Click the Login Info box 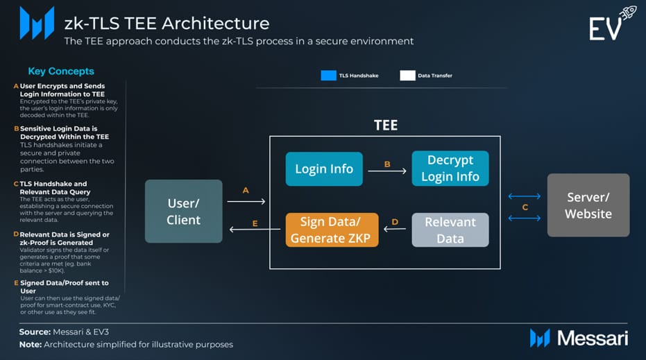[x=324, y=169]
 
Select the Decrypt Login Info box [x=450, y=169]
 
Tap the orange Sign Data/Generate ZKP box [x=332, y=230]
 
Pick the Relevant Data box [x=450, y=230]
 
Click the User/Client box [x=183, y=211]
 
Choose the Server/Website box [x=588, y=205]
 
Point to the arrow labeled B [x=387, y=171]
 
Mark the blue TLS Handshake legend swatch [x=328, y=76]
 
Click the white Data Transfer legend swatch [x=407, y=76]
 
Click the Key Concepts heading [x=61, y=71]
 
